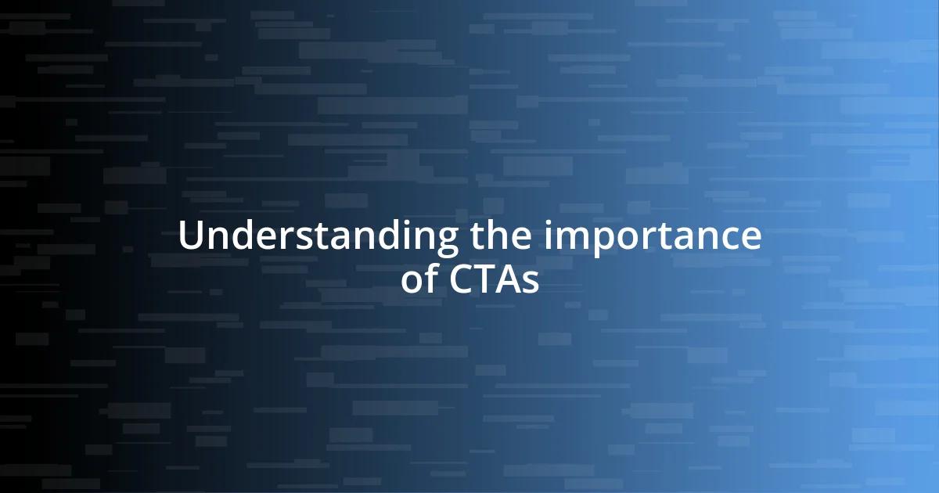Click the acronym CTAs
[x=495, y=280]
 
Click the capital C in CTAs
[x=462, y=280]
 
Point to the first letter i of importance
[x=549, y=236]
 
